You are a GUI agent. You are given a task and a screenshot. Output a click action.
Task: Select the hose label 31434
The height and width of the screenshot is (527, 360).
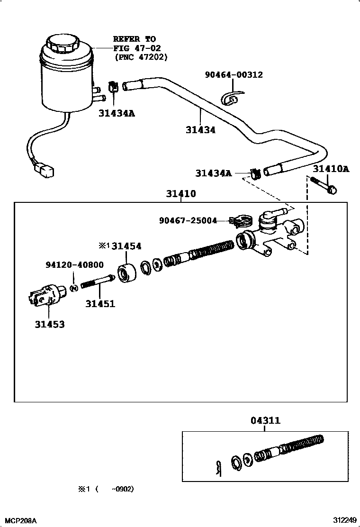(x=200, y=129)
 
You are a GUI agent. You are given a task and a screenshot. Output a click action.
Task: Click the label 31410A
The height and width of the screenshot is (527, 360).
(x=331, y=169)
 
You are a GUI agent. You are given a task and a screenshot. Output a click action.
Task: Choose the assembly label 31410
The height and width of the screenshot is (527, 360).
(x=181, y=194)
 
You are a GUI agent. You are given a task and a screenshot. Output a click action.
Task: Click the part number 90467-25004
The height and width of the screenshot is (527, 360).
(x=188, y=220)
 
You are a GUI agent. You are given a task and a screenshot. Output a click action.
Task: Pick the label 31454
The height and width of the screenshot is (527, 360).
(x=126, y=246)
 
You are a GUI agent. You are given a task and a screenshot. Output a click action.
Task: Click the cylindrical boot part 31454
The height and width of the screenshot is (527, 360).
(x=127, y=274)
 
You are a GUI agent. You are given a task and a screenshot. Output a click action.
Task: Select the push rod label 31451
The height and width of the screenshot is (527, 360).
(x=100, y=303)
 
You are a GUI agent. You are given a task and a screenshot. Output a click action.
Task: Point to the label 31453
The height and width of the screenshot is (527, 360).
(x=49, y=325)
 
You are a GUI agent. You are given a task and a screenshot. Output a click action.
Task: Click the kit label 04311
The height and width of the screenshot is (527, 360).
(x=265, y=420)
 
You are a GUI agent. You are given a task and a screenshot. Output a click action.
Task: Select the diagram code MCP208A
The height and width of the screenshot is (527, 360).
(x=19, y=520)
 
